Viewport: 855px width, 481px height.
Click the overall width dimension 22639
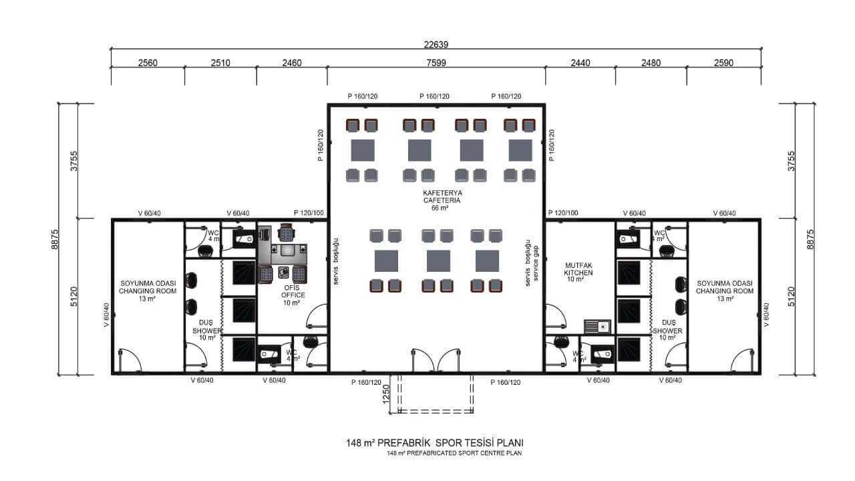coord(436,45)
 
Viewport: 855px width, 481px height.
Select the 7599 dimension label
coord(436,63)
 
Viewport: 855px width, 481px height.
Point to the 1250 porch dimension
coord(386,393)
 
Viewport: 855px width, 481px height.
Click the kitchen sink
coord(597,327)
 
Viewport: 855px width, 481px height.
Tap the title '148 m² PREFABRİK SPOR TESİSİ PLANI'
coord(435,443)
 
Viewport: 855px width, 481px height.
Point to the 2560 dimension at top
coord(148,63)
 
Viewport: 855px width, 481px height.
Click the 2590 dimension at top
coord(723,63)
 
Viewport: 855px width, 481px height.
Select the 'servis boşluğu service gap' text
coord(532,263)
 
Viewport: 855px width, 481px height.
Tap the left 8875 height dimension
coord(55,239)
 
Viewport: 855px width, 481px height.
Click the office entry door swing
coord(317,316)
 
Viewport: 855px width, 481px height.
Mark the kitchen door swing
coord(555,316)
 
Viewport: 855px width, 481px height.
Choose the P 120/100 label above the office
coord(309,212)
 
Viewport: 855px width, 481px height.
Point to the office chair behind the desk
coord(287,232)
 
